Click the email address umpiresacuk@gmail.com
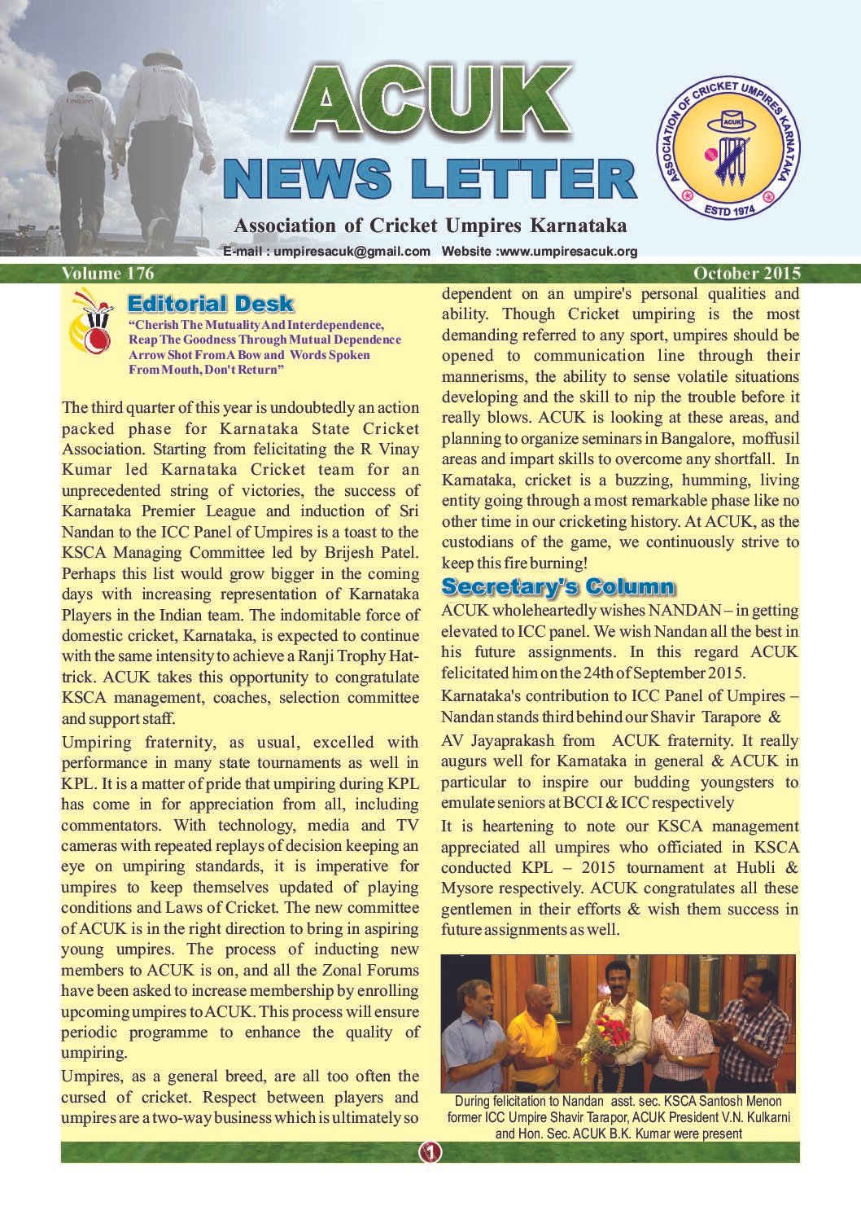tap(352, 252)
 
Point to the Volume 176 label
tap(107, 273)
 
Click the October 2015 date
tap(746, 274)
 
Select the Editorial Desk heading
tap(210, 305)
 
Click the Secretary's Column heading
tap(557, 586)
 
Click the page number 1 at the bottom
tap(430, 1151)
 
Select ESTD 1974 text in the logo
tap(729, 210)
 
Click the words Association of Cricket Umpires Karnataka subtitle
tap(430, 226)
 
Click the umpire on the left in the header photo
tap(80, 155)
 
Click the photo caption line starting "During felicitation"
tap(618, 1101)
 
